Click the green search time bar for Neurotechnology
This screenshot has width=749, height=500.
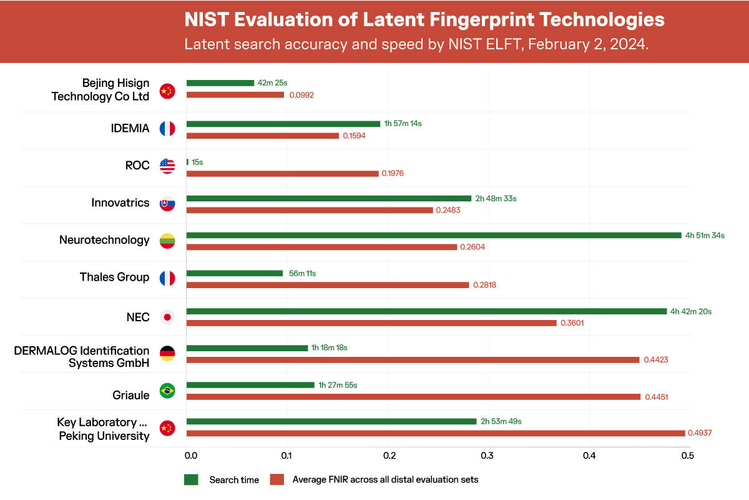[x=434, y=235]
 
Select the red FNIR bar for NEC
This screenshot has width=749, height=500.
[x=371, y=322]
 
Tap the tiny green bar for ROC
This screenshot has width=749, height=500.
[x=187, y=162]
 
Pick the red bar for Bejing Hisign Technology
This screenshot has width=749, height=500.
[x=235, y=95]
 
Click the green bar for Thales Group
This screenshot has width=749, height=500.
[x=235, y=273]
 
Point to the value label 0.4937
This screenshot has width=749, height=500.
[x=702, y=433]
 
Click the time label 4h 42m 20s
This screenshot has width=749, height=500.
[x=691, y=311]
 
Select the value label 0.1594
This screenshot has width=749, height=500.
[x=355, y=136]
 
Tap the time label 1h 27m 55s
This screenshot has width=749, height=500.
[x=338, y=385]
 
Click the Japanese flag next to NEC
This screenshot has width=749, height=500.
[x=167, y=317]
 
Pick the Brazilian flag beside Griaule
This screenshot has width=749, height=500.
[x=167, y=391]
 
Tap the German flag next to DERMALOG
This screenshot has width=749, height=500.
[x=167, y=354]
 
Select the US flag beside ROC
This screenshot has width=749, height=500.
[x=167, y=166]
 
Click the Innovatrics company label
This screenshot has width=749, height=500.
[x=120, y=202]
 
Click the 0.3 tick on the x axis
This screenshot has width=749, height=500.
[x=487, y=456]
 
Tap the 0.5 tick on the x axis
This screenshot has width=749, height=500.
[x=687, y=456]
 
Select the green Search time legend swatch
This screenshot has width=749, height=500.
[x=191, y=479]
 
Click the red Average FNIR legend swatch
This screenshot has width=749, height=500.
[x=277, y=479]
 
